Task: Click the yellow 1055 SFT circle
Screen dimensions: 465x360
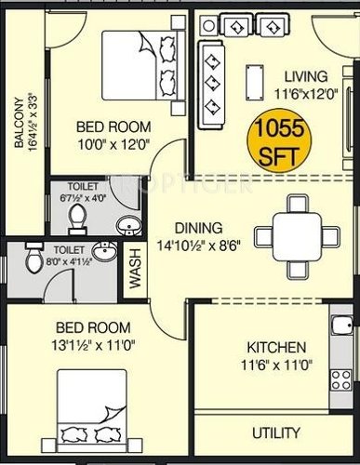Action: (274, 134)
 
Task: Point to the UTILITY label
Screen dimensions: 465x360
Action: (277, 433)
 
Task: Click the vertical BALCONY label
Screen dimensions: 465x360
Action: (20, 121)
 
